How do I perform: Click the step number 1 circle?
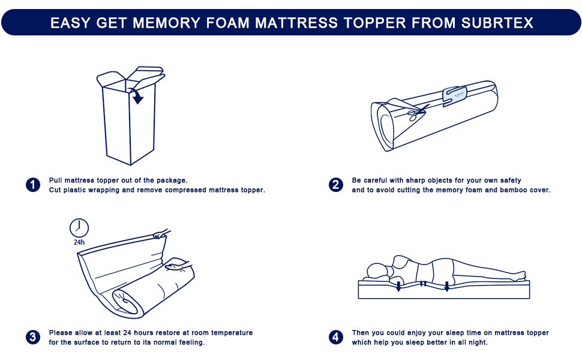33,185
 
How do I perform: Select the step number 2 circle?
336,185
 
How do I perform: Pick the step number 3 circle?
33,337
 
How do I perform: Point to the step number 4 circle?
336,337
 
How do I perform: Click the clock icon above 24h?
79,227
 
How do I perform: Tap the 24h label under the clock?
79,243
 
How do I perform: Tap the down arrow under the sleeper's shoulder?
398,286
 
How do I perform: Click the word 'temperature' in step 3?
231,332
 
